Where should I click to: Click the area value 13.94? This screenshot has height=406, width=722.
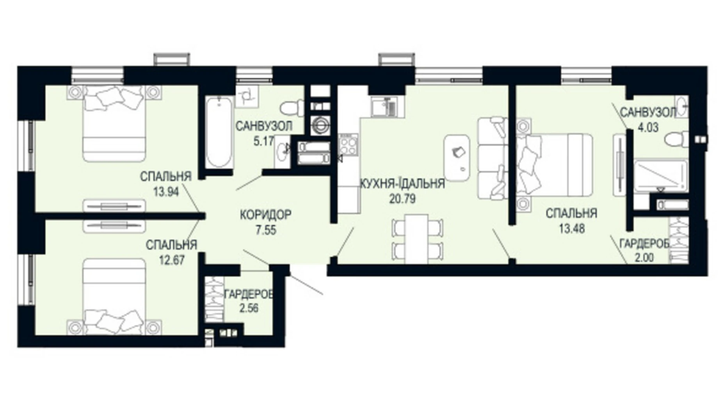tap(166, 192)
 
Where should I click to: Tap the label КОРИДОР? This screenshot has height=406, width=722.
tap(265, 215)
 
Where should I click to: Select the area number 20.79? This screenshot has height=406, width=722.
tap(402, 199)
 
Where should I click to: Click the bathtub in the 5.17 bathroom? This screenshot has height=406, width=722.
tap(218, 133)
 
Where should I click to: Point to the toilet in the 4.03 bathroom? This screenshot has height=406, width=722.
tap(677, 139)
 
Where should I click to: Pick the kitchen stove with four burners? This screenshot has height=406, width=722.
tap(348, 144)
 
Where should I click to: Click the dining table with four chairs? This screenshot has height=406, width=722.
tap(416, 239)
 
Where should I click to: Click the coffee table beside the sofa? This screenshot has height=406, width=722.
tap(457, 158)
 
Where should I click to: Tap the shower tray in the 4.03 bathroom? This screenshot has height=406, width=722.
tap(660, 176)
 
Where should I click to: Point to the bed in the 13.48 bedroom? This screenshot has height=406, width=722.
tap(554, 164)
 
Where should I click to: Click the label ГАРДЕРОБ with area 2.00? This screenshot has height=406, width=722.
tap(644, 244)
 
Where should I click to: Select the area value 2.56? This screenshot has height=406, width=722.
tap(249, 308)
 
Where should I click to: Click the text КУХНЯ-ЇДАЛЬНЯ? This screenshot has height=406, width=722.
tap(402, 183)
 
